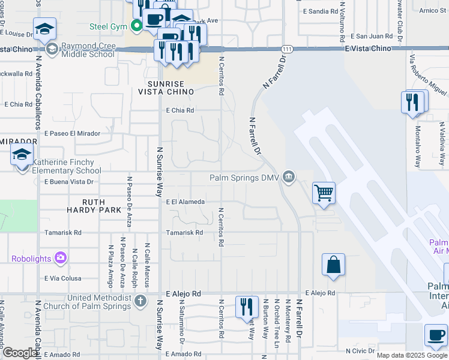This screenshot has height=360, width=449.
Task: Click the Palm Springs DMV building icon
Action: coord(289,177)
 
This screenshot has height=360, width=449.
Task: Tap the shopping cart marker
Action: coord(324,193)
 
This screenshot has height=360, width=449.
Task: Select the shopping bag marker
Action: coord(333,265)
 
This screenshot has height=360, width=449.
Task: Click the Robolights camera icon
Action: coord(60,259)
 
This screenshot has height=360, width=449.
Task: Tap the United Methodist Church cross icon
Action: coord(140,300)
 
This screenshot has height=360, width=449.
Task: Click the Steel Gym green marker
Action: coord(137,26)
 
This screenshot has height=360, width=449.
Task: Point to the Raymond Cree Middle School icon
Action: coord(52,49)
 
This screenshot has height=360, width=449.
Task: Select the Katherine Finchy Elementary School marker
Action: coord(22,156)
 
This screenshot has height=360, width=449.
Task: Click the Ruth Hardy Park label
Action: coord(94,206)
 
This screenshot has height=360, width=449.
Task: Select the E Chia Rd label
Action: coord(180,110)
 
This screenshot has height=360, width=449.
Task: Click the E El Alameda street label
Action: coord(185,202)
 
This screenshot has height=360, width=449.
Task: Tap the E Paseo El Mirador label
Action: coord(72,133)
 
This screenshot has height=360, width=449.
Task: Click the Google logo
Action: coord(20,353)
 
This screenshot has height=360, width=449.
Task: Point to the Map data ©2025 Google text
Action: coord(411,355)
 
